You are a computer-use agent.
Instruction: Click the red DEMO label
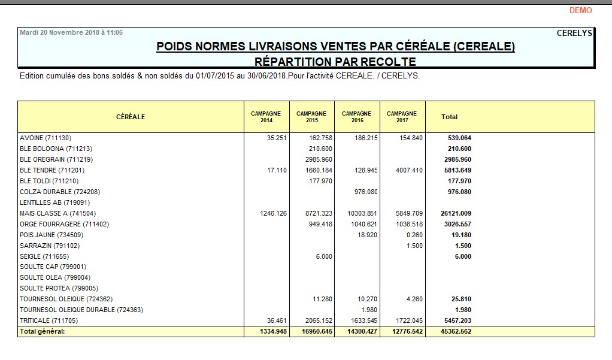[x=580, y=10]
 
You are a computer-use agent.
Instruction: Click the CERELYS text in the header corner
[x=574, y=34]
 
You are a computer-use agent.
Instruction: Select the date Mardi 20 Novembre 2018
[x=71, y=32]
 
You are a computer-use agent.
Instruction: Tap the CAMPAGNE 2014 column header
[x=266, y=117]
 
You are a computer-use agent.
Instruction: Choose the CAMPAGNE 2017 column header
[x=402, y=117]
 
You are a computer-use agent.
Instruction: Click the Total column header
[x=449, y=117]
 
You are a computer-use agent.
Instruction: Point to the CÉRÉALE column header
[x=131, y=117]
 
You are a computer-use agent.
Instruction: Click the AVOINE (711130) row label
[x=49, y=138]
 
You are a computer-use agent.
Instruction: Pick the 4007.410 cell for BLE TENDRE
[x=409, y=170]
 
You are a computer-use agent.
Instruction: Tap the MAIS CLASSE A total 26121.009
[x=456, y=213]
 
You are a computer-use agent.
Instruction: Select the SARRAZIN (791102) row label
[x=50, y=246]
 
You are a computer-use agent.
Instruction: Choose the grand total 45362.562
[x=456, y=331]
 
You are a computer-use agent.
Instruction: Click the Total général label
[x=42, y=331]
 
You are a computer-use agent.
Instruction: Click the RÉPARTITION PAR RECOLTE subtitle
[x=335, y=61]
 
